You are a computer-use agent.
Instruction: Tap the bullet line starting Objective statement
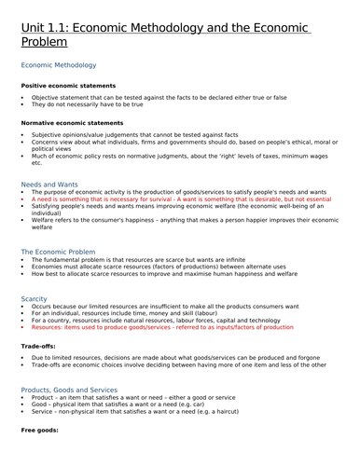159,97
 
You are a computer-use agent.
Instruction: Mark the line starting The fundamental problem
149,262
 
